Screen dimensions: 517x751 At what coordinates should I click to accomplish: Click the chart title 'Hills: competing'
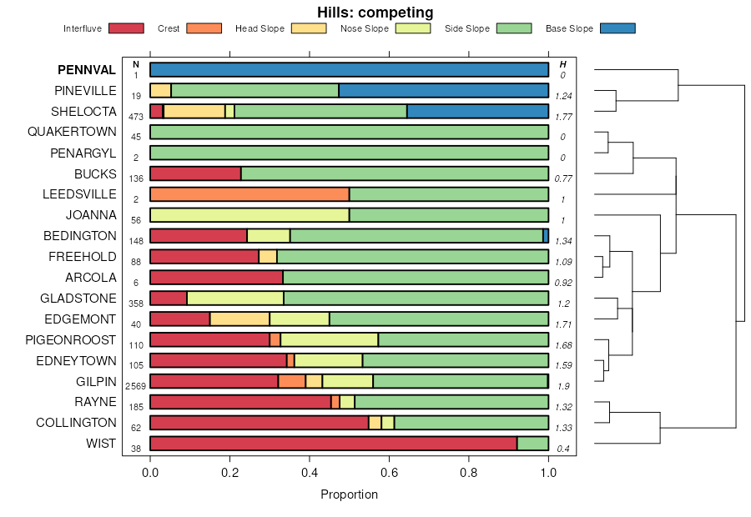tap(375, 13)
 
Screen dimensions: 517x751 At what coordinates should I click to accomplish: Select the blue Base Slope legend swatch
tap(617, 28)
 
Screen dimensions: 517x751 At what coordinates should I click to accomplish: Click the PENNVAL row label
tap(87, 70)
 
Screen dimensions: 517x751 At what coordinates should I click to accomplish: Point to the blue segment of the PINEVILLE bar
tap(443, 91)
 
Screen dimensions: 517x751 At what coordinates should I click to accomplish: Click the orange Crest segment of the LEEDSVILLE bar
tap(249, 194)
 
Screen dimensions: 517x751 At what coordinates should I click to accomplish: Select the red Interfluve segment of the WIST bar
tap(333, 444)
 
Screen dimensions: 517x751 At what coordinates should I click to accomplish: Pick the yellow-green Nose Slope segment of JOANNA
tap(249, 215)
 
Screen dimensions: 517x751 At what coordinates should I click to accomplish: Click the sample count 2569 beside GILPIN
tap(135, 386)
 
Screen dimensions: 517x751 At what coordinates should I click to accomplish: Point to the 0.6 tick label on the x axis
tap(389, 472)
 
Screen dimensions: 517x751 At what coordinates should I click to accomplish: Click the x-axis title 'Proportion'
tap(349, 494)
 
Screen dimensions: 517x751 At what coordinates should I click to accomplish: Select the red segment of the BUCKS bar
tap(195, 173)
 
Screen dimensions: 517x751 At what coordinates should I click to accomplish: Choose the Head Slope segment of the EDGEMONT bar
tap(239, 319)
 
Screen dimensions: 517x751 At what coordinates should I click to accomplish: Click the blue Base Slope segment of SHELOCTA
tap(477, 112)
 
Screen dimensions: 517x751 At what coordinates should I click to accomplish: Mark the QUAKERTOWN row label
tap(72, 132)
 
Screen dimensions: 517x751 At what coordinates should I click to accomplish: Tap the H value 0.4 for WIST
tap(563, 449)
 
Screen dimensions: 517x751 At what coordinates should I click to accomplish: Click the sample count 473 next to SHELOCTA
tap(135, 117)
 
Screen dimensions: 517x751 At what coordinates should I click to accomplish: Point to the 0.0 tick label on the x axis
tap(150, 472)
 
